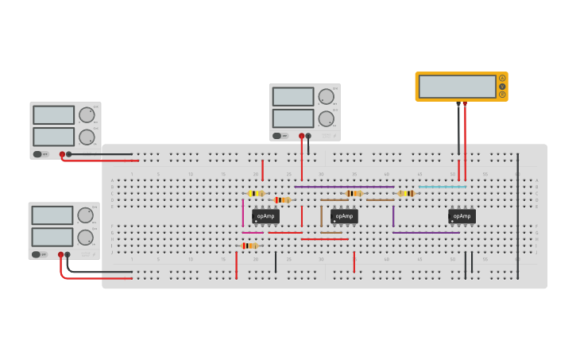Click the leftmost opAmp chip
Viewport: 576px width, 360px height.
[265, 215]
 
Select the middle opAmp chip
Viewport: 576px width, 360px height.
[344, 215]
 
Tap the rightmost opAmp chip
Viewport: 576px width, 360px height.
[462, 215]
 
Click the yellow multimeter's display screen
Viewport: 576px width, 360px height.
[457, 86]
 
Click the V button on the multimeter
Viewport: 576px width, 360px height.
[502, 86]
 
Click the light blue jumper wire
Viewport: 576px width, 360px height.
[442, 187]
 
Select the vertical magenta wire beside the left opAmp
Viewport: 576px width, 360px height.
[243, 212]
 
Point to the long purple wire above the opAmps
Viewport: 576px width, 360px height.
[344, 187]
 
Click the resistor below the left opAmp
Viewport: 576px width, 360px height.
[249, 246]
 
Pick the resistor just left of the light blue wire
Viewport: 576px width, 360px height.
[406, 193]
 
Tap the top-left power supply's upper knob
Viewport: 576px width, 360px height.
[87, 115]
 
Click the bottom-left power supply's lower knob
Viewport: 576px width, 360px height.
[86, 237]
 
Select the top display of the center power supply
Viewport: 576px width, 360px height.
[293, 97]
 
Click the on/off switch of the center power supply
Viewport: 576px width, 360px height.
[277, 136]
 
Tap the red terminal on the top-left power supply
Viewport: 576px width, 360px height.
[62, 154]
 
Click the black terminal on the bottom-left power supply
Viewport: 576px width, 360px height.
[68, 254]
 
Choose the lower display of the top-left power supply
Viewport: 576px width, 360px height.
[54, 137]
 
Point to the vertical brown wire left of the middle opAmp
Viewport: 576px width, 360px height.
[321, 216]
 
